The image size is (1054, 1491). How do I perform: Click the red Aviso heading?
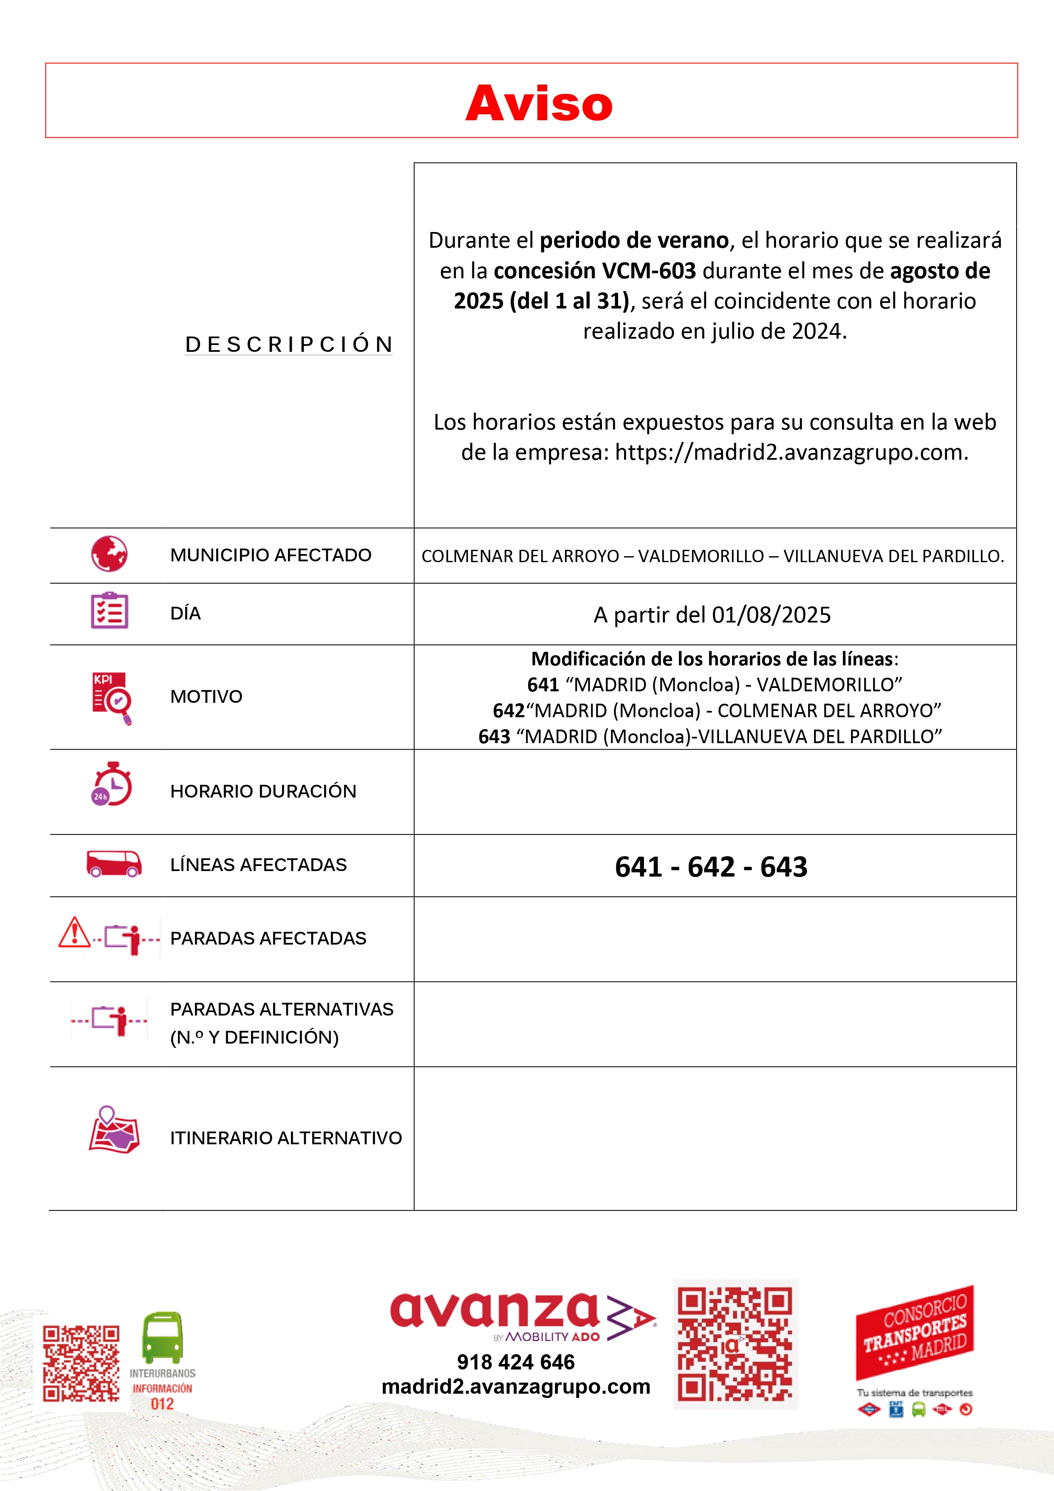[x=539, y=104]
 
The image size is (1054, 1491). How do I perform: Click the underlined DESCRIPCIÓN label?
[x=289, y=344]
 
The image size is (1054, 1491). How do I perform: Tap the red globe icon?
[x=109, y=554]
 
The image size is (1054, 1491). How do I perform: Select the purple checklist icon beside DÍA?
[x=109, y=611]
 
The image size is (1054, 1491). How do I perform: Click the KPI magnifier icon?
[x=112, y=697]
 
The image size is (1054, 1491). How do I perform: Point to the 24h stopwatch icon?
[x=112, y=784]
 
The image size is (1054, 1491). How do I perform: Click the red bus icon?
[x=114, y=864]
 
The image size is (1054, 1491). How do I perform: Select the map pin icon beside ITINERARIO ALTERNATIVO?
[x=114, y=1130]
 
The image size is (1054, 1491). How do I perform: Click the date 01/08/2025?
[x=771, y=615]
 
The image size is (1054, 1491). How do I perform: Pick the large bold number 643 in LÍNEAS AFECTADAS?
[x=784, y=867]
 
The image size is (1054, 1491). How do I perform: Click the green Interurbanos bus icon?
[x=162, y=1338]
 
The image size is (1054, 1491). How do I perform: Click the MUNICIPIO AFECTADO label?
[x=270, y=555]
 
